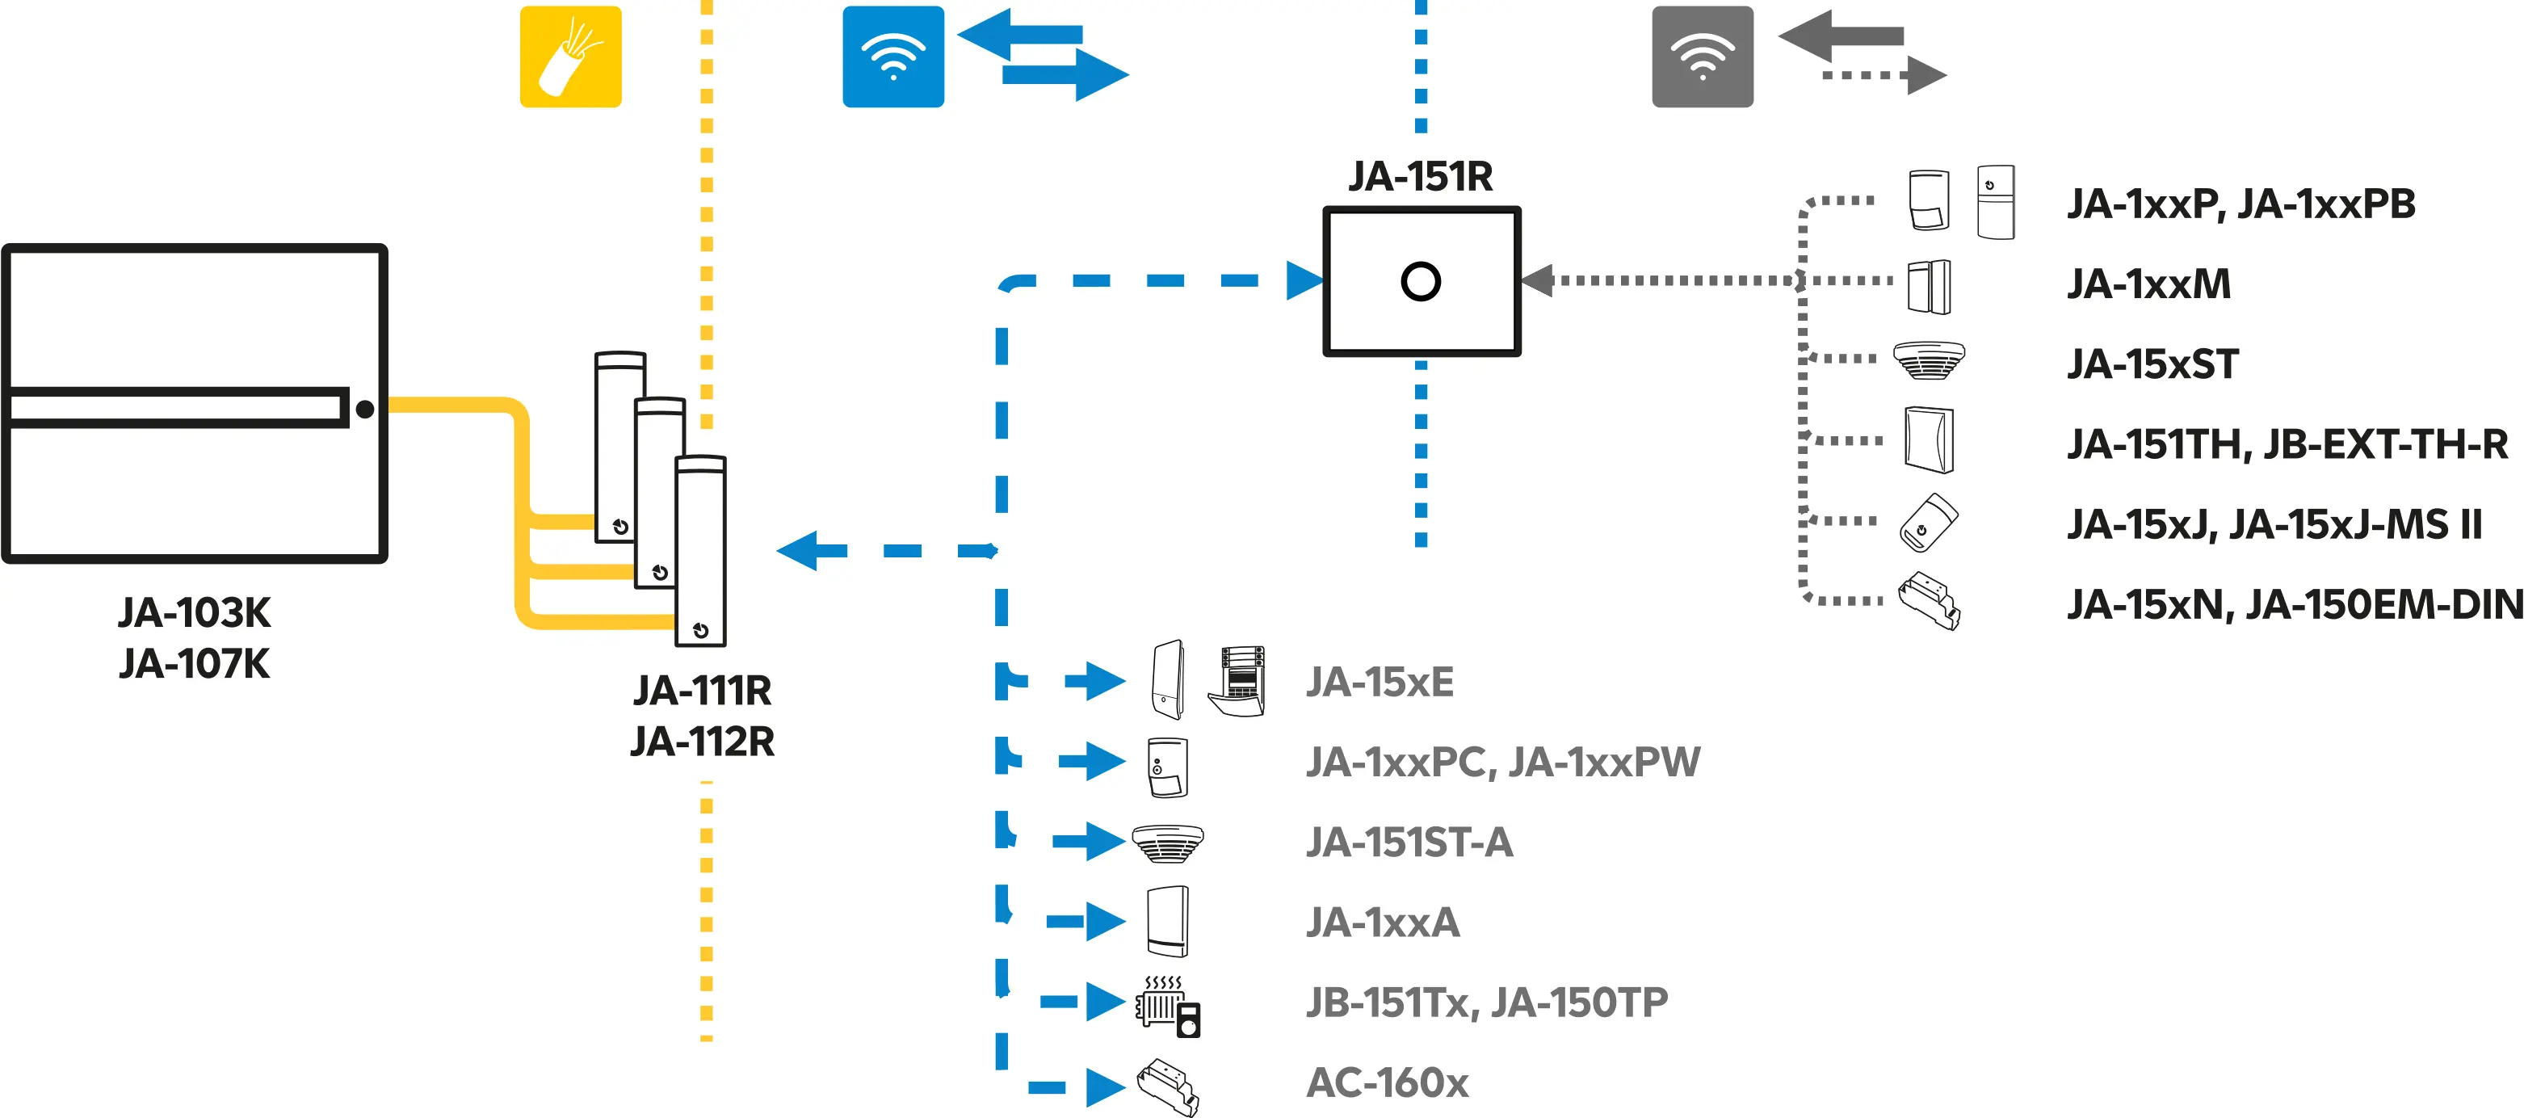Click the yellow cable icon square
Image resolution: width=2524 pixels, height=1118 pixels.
pyautogui.click(x=570, y=57)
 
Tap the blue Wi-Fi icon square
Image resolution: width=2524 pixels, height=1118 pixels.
pyautogui.click(x=892, y=57)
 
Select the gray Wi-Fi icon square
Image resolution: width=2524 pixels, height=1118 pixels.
pyautogui.click(x=1702, y=57)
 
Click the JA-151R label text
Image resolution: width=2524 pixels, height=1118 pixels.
pyautogui.click(x=1420, y=176)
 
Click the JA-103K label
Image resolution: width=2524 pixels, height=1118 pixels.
pyautogui.click(x=194, y=613)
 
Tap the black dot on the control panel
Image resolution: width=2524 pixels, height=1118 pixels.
pyautogui.click(x=364, y=410)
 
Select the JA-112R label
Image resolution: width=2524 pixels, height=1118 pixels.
pyautogui.click(x=703, y=742)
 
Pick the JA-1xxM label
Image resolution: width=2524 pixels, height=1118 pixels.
pyautogui.click(x=2148, y=284)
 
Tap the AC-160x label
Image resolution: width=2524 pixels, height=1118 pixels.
pyautogui.click(x=1388, y=1082)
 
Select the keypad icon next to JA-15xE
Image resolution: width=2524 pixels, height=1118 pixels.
pyautogui.click(x=1238, y=680)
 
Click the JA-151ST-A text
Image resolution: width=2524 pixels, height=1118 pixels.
pyautogui.click(x=1409, y=843)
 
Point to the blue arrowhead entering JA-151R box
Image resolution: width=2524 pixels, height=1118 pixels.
pyautogui.click(x=1305, y=280)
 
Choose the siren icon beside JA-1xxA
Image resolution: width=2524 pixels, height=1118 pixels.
pyautogui.click(x=1168, y=921)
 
